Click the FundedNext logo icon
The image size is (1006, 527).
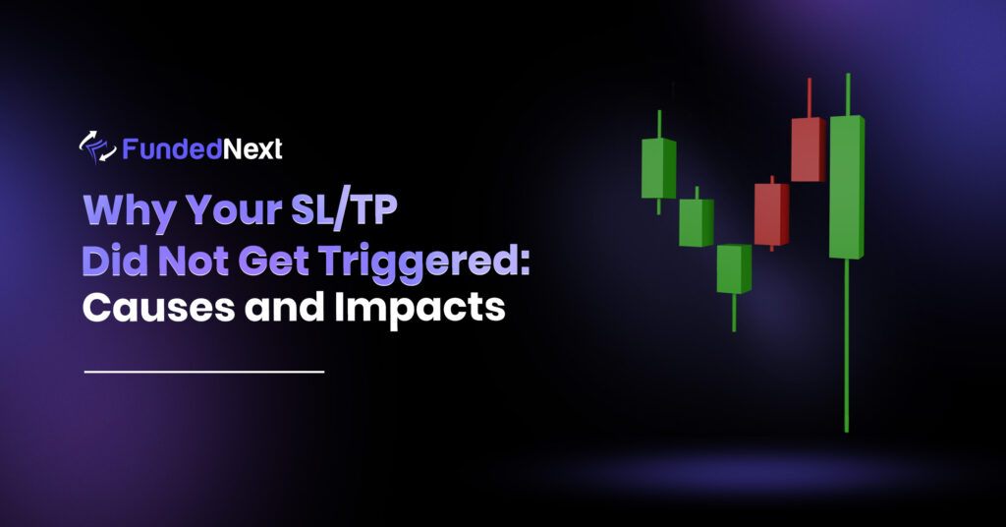[97, 148]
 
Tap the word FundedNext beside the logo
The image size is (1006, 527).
[202, 148]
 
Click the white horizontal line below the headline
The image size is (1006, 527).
[204, 372]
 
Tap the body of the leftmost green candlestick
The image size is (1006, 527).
[658, 168]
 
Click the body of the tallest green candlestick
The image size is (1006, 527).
[846, 187]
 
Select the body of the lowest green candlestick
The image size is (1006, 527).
[733, 268]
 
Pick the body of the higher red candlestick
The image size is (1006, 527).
[807, 149]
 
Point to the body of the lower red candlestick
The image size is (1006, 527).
[771, 213]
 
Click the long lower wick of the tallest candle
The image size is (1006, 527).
[846, 344]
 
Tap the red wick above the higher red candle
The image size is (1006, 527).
[809, 97]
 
